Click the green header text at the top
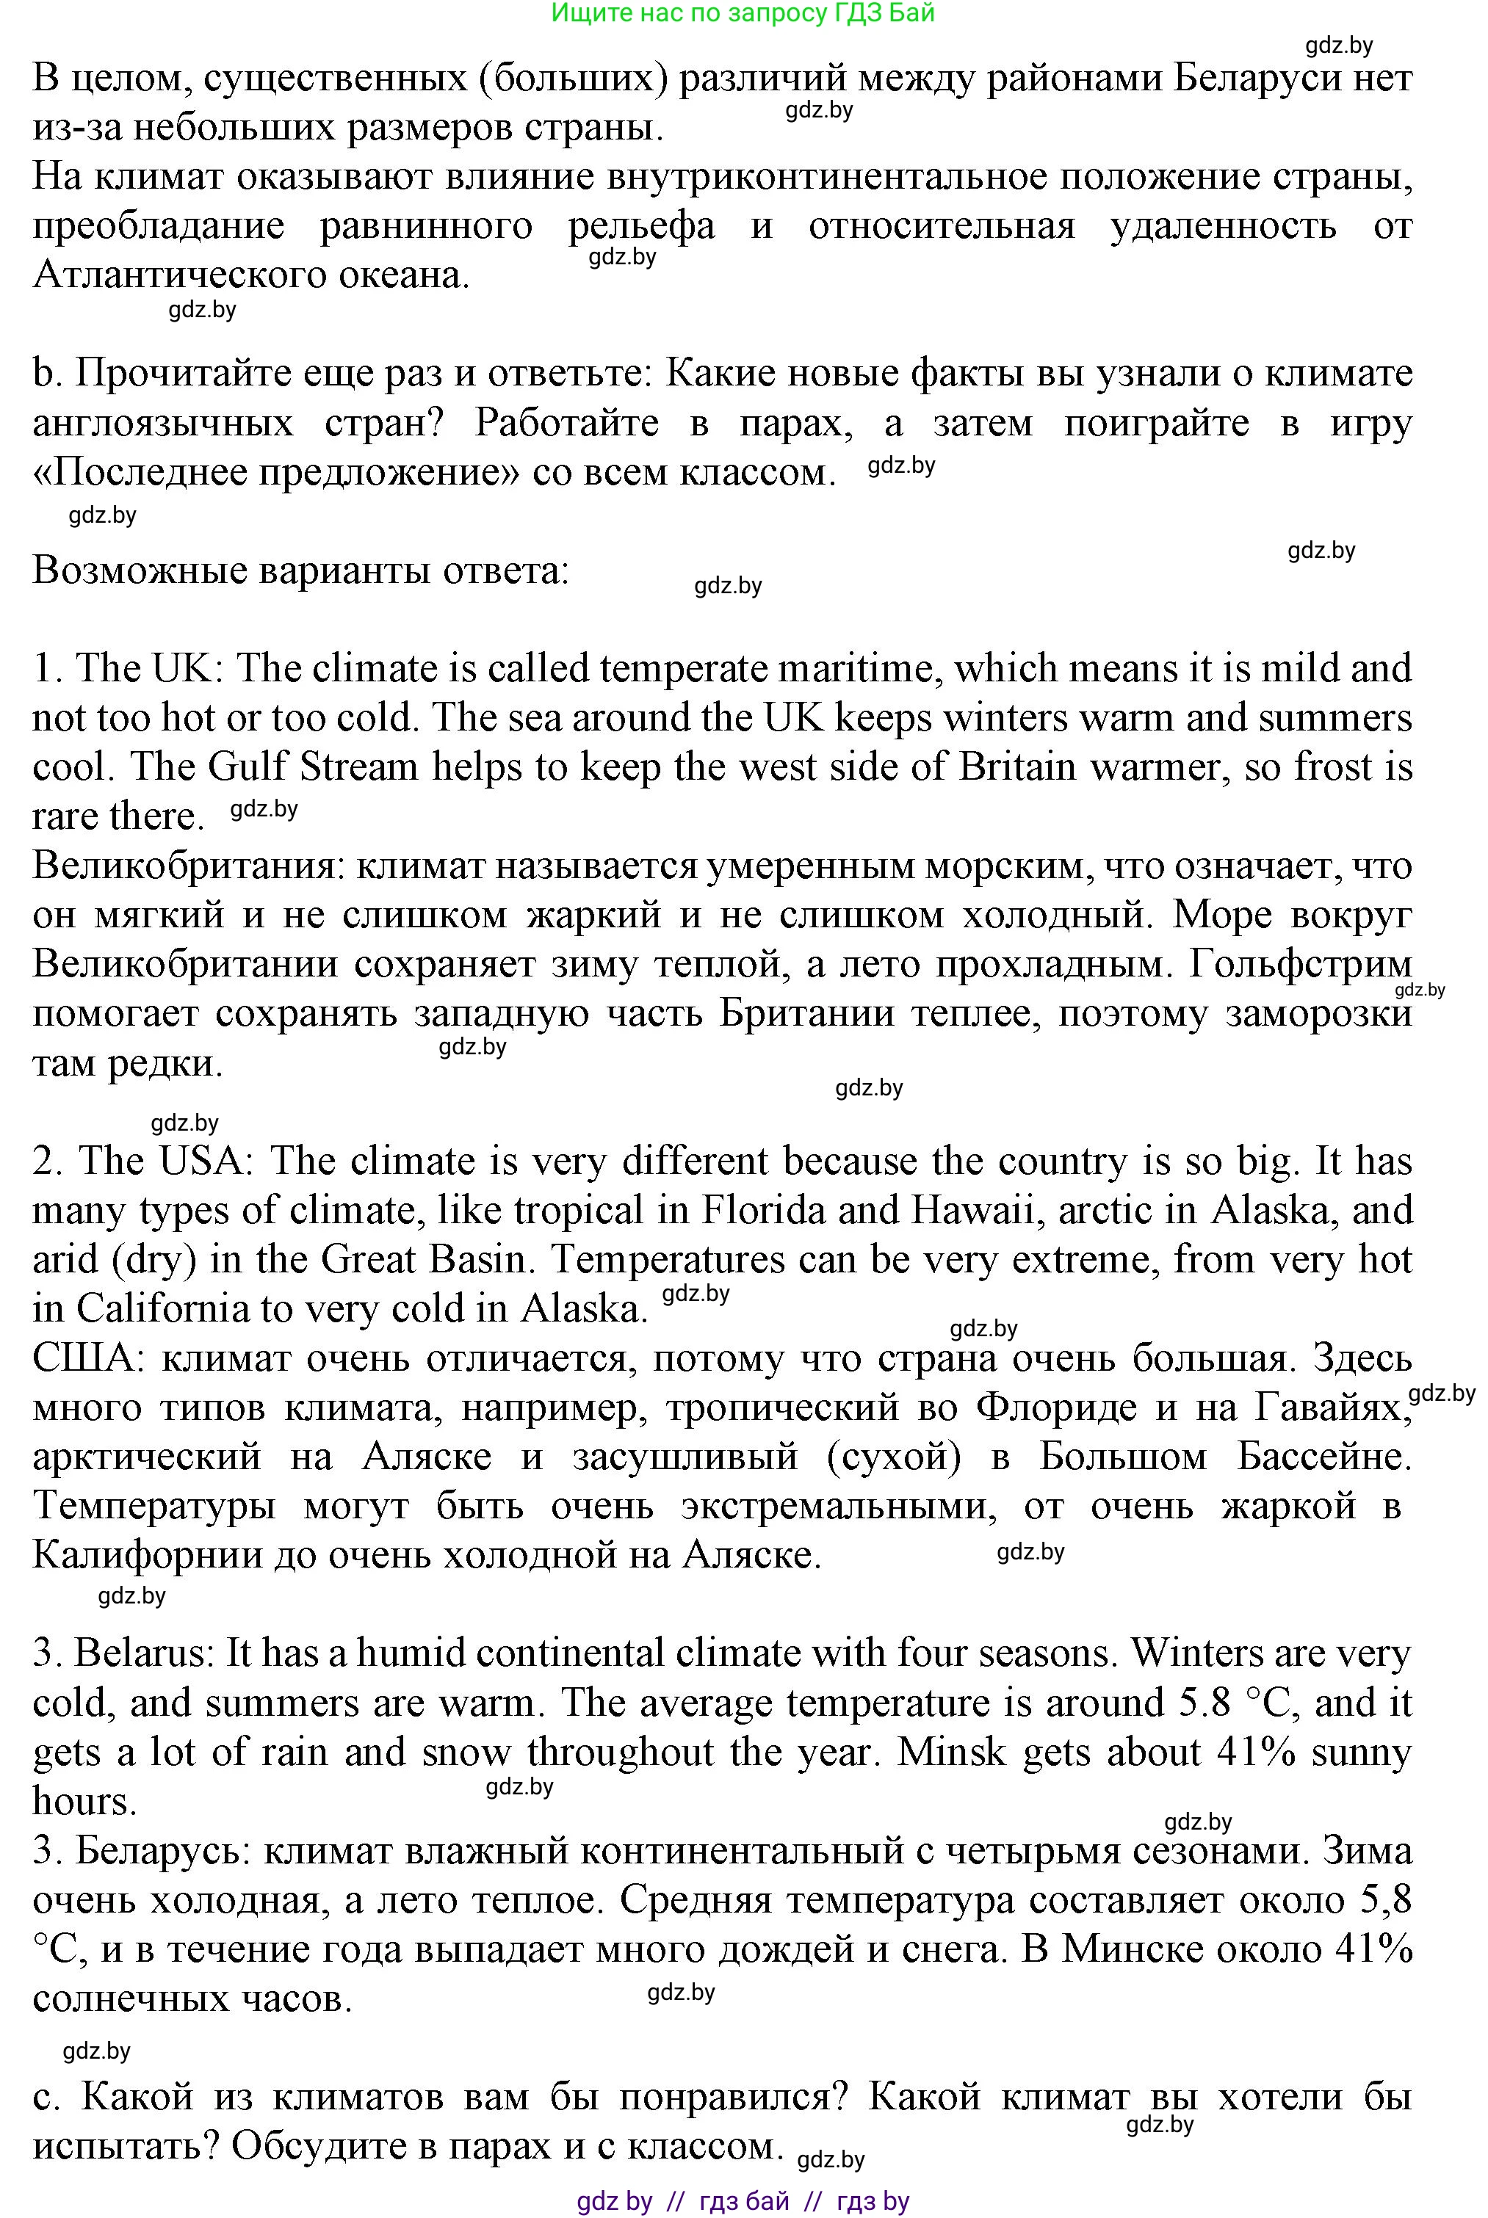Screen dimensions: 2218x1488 pos(743,12)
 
